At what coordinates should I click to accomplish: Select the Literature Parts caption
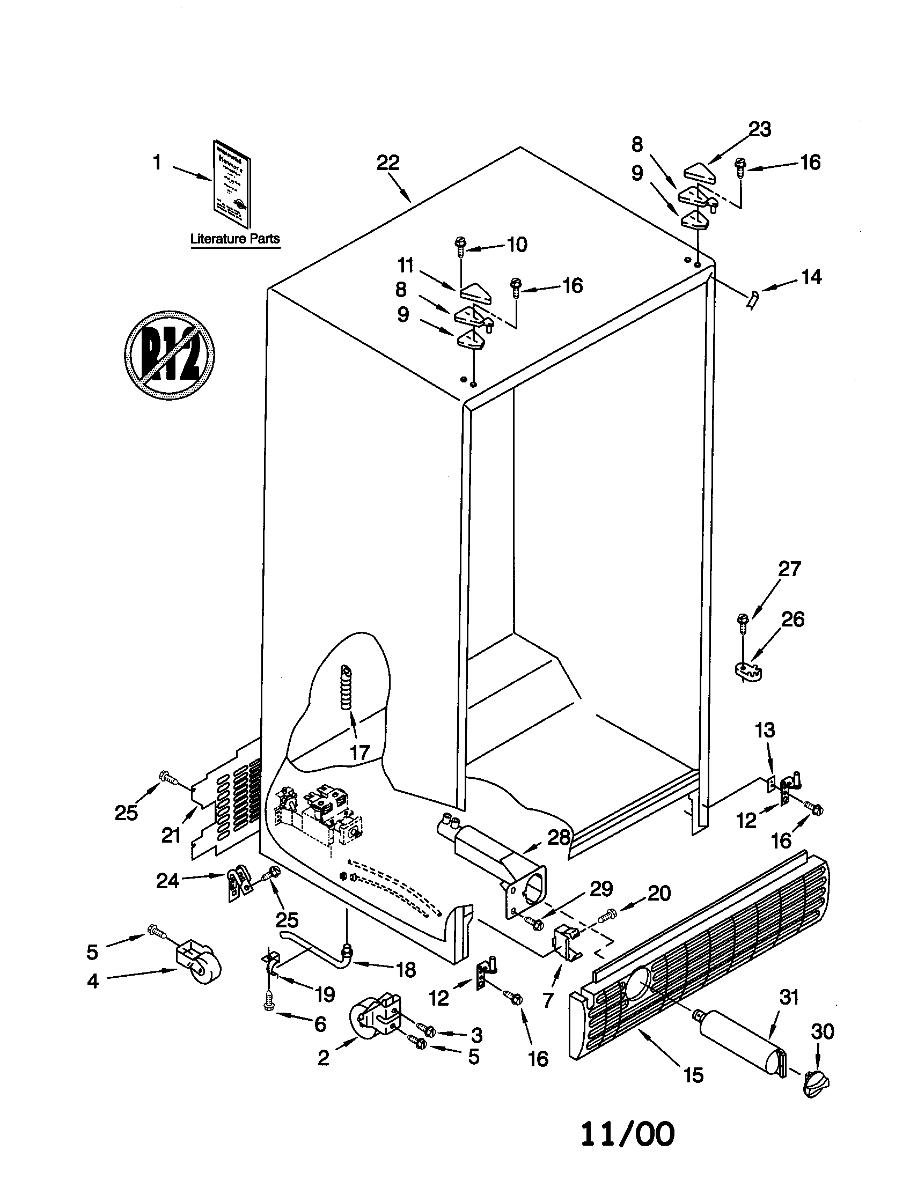pyautogui.click(x=235, y=239)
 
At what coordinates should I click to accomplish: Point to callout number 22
pyautogui.click(x=388, y=163)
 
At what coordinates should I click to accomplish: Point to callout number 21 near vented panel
pyautogui.click(x=171, y=836)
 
